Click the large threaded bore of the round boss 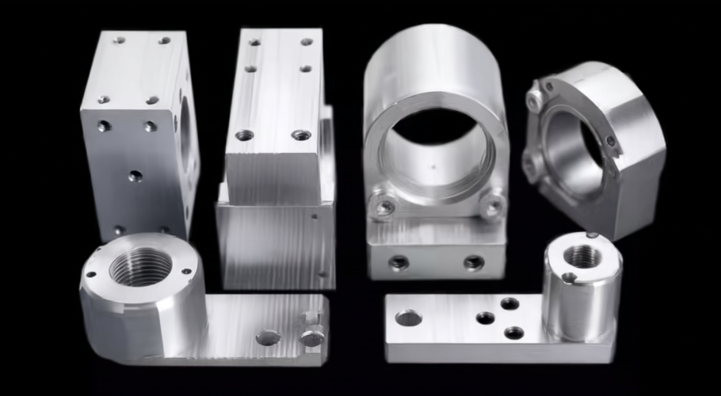(x=140, y=267)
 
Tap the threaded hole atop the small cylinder (x=584, y=256)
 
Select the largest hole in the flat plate (x=408, y=318)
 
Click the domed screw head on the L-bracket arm (x=312, y=338)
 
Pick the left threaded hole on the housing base (x=399, y=263)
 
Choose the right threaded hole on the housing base (x=474, y=262)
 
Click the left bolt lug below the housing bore (x=385, y=207)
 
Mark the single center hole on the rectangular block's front (x=135, y=175)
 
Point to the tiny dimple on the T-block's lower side (x=315, y=215)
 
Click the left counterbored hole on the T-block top (x=245, y=135)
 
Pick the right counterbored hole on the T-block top (x=300, y=135)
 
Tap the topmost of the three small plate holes (x=509, y=303)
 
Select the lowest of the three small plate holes (x=513, y=333)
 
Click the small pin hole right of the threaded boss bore (x=187, y=272)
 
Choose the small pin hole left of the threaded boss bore (x=92, y=276)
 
